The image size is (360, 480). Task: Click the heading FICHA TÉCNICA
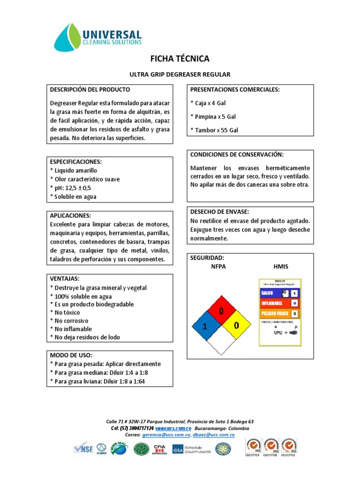(x=180, y=59)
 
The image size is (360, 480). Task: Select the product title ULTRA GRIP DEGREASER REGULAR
(x=180, y=75)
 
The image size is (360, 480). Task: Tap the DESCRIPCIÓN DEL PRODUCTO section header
(x=90, y=90)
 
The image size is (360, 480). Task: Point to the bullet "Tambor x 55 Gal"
(x=214, y=130)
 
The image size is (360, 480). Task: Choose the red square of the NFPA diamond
(x=220, y=311)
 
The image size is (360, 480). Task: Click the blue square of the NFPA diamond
(x=204, y=326)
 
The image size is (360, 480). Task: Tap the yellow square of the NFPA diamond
(x=236, y=326)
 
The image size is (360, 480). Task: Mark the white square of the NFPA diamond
(x=220, y=342)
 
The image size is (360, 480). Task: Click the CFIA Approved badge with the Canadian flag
(x=160, y=449)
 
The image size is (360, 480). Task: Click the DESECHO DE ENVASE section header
(x=219, y=212)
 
